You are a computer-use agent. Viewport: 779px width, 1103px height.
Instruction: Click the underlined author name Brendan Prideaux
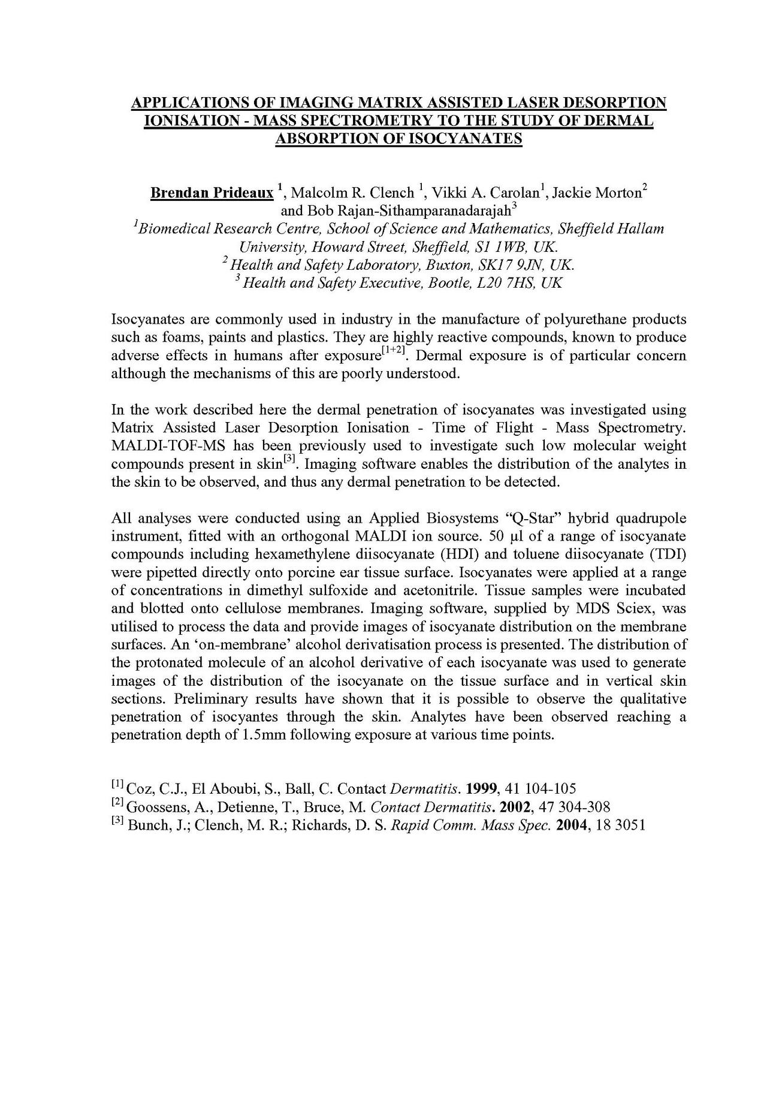pyautogui.click(x=212, y=193)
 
